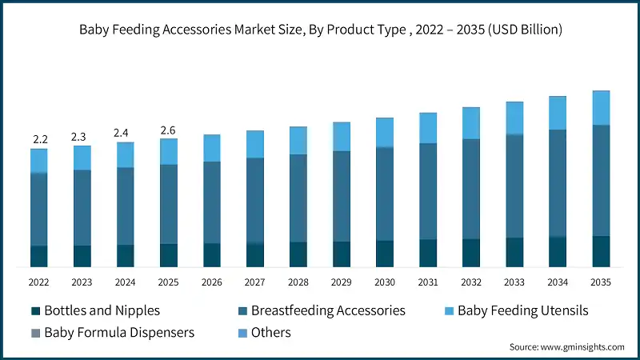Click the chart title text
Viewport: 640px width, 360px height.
(x=320, y=30)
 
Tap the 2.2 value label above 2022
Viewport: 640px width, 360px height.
(x=39, y=139)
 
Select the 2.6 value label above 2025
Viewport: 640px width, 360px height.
(x=168, y=130)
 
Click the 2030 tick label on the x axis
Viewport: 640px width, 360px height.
(x=385, y=282)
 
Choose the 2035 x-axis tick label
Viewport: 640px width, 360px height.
(x=601, y=282)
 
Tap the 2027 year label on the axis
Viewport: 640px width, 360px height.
(x=255, y=282)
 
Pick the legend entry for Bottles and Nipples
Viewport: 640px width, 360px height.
(x=95, y=310)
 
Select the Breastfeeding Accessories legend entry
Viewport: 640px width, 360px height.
(x=320, y=310)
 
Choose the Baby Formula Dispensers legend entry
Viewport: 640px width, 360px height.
(x=112, y=331)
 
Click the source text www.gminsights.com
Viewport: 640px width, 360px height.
(x=566, y=347)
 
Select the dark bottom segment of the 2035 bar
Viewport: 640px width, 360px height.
(x=601, y=251)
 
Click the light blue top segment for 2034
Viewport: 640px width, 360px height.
(x=558, y=113)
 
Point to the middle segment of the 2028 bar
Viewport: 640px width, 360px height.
(x=298, y=198)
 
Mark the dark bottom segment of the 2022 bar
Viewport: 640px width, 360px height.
(x=39, y=256)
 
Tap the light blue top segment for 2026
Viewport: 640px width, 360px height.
(x=212, y=148)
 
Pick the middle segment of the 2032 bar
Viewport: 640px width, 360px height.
(x=471, y=189)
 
